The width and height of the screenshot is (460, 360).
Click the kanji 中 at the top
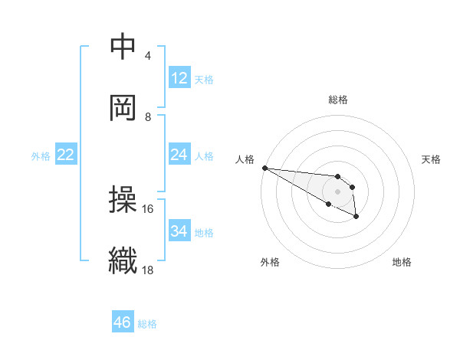[123, 47]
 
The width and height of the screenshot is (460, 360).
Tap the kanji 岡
[123, 108]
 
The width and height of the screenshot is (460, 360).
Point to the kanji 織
[123, 260]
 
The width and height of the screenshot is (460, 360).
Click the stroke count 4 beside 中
[147, 56]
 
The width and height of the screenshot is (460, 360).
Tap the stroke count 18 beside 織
[148, 269]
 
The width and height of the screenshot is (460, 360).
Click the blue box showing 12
[179, 78]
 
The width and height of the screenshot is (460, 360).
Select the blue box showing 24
[179, 155]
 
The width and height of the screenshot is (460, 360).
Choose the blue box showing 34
[179, 231]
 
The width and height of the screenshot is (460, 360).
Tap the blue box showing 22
[66, 155]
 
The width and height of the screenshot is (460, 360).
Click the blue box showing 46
[123, 322]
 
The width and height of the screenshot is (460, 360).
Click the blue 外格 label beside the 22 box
[41, 155]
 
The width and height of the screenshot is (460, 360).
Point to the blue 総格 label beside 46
[147, 323]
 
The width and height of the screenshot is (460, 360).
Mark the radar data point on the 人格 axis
[264, 168]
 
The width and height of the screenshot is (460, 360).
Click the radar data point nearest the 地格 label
[356, 217]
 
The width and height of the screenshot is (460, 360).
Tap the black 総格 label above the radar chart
[337, 100]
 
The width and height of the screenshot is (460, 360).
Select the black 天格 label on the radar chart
[431, 159]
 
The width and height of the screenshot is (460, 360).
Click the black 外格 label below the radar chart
[270, 262]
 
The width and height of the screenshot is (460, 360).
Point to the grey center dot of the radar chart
[337, 191]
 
